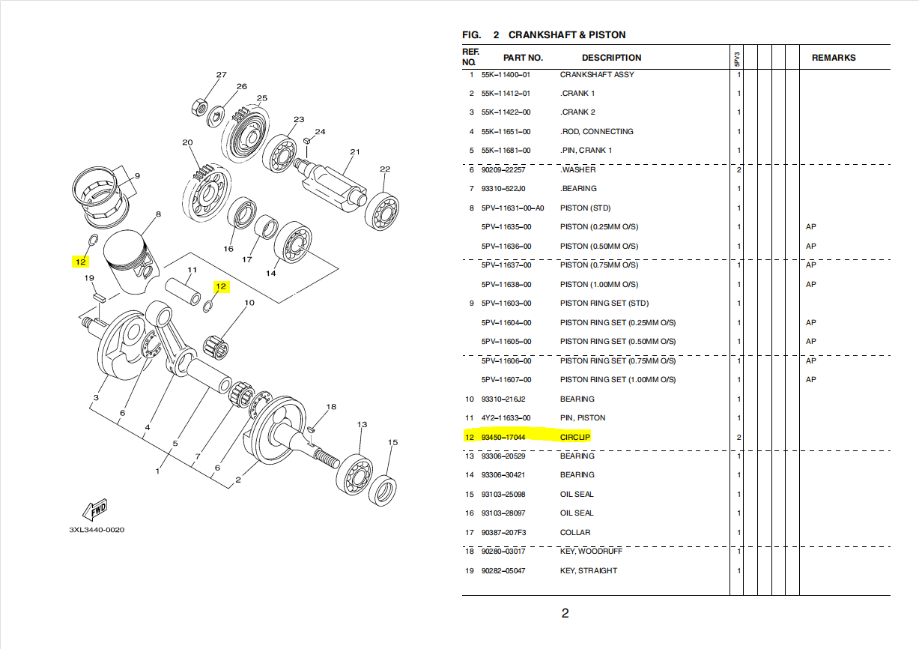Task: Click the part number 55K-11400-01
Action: pyautogui.click(x=506, y=75)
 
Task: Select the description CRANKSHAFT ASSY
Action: pyautogui.click(x=597, y=75)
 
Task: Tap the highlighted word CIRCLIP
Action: pyautogui.click(x=575, y=437)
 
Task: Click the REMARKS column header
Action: pyautogui.click(x=833, y=58)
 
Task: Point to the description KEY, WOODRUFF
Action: pyautogui.click(x=591, y=552)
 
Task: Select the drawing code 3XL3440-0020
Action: pyautogui.click(x=97, y=530)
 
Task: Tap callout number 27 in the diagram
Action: pyautogui.click(x=221, y=75)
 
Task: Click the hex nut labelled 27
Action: pyautogui.click(x=200, y=106)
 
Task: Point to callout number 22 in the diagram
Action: pyautogui.click(x=385, y=169)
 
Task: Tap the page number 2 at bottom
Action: pyautogui.click(x=565, y=614)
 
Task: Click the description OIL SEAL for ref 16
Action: pyautogui.click(x=577, y=513)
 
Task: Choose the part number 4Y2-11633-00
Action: pyautogui.click(x=506, y=418)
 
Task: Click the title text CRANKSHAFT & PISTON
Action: pyautogui.click(x=567, y=35)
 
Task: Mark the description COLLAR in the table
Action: pyautogui.click(x=575, y=533)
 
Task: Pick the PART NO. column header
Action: pyautogui.click(x=523, y=58)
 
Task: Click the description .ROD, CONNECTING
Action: pyautogui.click(x=597, y=132)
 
